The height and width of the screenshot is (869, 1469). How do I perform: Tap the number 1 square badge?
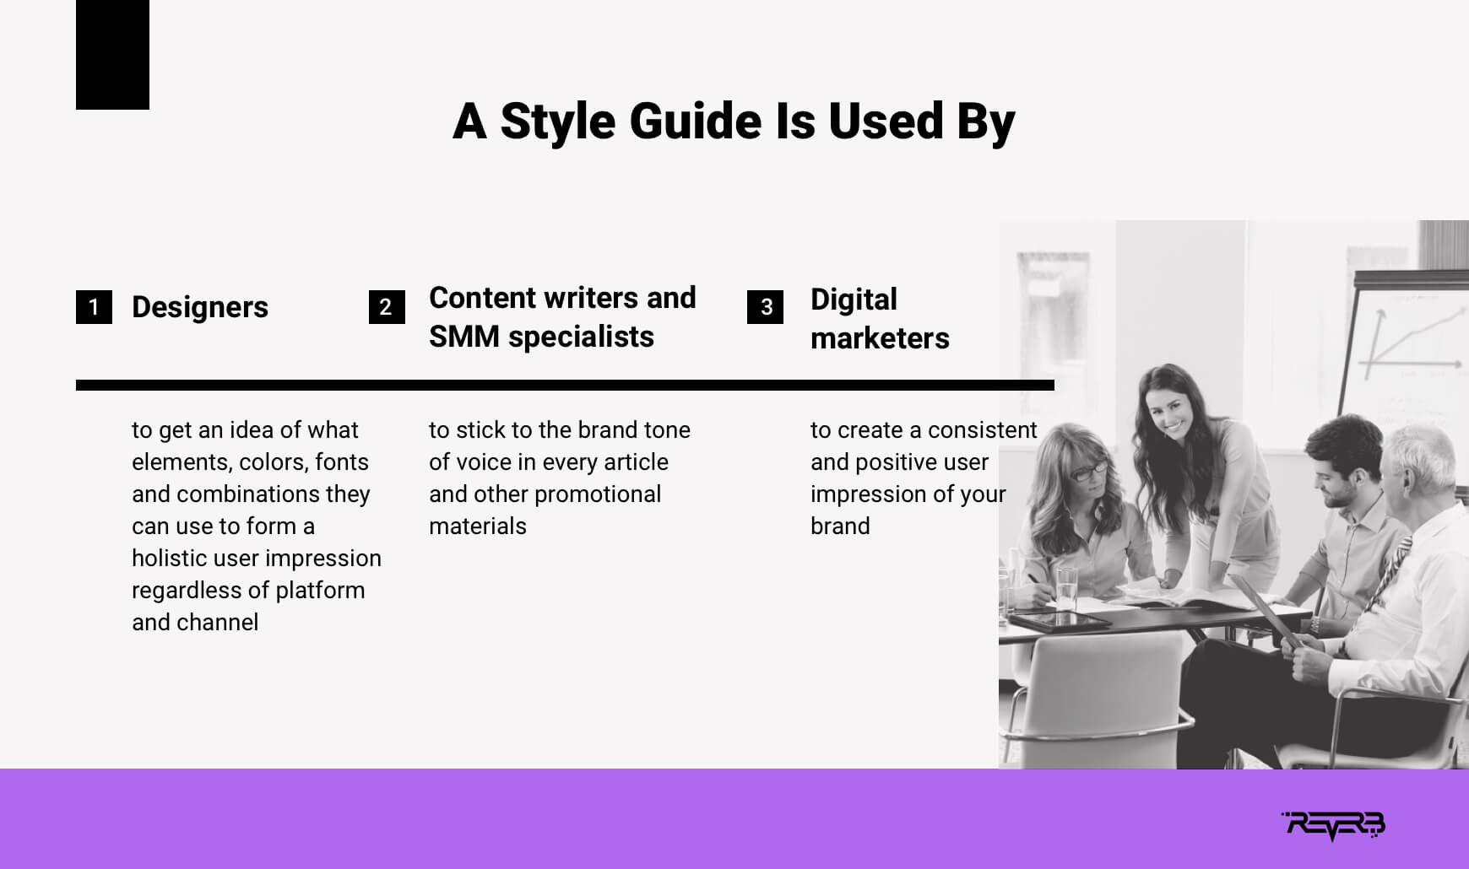(94, 307)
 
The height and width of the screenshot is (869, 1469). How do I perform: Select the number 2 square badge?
(387, 307)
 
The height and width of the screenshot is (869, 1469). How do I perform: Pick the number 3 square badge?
(765, 307)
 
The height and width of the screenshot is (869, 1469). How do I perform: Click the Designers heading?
(200, 307)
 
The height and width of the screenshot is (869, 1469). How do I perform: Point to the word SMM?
(464, 337)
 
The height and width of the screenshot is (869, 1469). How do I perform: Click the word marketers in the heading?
(880, 338)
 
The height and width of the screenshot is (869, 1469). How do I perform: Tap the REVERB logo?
(1334, 826)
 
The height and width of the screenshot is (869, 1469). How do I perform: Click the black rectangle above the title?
(112, 55)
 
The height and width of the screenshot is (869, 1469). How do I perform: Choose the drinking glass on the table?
(1067, 586)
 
